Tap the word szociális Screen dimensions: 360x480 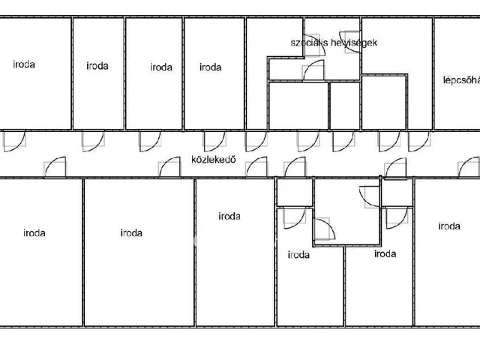point(306,43)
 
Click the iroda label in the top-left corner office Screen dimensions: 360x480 point(24,64)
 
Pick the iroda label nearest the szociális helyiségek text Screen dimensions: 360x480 point(210,67)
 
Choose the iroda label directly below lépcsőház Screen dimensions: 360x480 point(448,226)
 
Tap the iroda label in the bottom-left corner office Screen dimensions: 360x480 point(34,232)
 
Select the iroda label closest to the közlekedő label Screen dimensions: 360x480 point(229,216)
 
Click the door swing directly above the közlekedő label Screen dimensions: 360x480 point(214,140)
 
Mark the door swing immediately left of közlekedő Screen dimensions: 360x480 point(169,166)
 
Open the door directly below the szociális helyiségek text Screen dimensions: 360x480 point(313,71)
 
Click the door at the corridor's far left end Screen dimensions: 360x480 point(15,140)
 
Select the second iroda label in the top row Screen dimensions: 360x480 point(97,65)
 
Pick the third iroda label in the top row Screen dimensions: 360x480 point(161,67)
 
